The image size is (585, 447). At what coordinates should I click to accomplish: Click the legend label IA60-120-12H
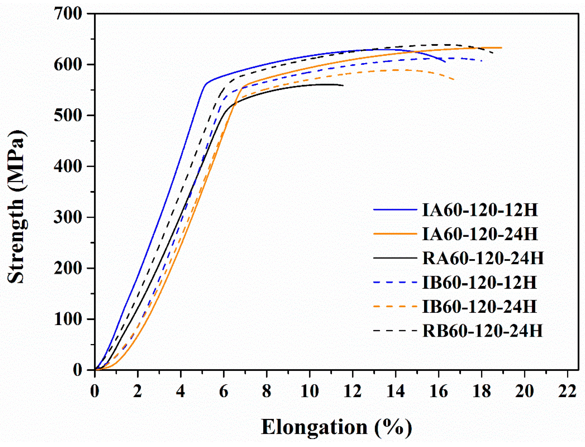(480, 210)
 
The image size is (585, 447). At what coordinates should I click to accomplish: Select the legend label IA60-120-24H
(480, 234)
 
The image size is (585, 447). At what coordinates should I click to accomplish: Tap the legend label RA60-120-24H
(483, 258)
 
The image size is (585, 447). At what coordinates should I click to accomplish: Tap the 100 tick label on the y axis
(68, 319)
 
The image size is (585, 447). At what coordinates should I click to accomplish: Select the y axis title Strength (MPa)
(16, 207)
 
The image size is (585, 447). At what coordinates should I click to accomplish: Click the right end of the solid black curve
(343, 85)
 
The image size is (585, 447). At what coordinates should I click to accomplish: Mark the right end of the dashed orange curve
(454, 79)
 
